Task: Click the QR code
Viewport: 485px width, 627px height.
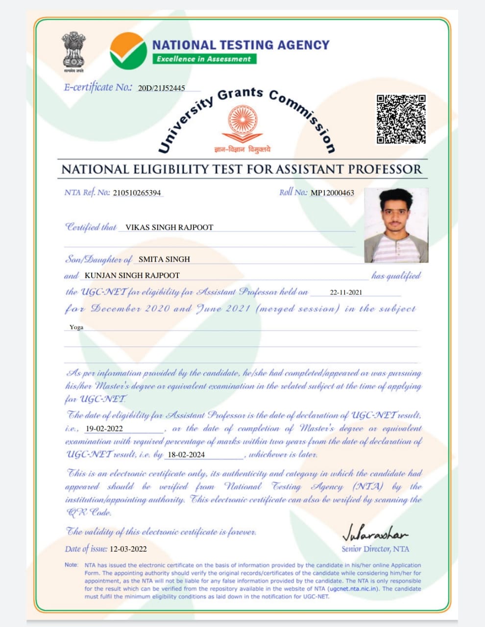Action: (401, 120)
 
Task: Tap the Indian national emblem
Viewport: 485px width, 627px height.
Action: (73, 51)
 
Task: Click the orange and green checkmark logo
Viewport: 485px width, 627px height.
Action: (128, 50)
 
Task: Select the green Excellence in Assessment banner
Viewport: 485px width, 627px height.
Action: (204, 59)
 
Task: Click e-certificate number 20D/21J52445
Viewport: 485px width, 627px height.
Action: (162, 88)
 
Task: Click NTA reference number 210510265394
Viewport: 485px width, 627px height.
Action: (137, 193)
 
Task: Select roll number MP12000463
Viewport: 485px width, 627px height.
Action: (332, 193)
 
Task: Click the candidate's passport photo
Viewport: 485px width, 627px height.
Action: (396, 225)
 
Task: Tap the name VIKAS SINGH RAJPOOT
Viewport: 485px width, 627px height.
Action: (170, 227)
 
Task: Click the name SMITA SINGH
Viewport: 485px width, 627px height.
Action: (164, 259)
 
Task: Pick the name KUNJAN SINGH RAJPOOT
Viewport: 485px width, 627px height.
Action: (132, 275)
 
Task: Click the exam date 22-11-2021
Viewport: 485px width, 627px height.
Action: (346, 292)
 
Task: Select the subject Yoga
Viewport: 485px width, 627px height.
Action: (76, 327)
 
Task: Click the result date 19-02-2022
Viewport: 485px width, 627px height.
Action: (104, 429)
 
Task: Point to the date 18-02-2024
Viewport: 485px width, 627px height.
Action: (186, 455)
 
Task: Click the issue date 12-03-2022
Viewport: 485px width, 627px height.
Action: (128, 549)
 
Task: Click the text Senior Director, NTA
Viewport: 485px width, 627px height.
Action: (375, 549)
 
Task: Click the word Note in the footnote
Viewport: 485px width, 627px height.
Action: (71, 565)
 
